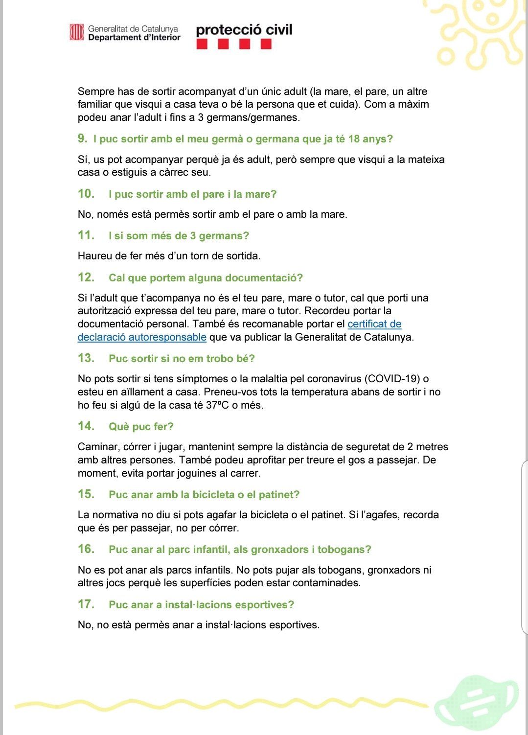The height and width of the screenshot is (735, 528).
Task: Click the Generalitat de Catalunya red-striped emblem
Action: pyautogui.click(x=77, y=32)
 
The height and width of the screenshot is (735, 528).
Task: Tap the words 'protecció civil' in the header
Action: pyautogui.click(x=244, y=30)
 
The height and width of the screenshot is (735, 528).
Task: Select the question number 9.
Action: pyautogui.click(x=82, y=138)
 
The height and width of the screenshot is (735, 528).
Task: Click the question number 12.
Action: pyautogui.click(x=86, y=277)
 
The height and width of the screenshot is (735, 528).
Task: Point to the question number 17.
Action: pyautogui.click(x=86, y=604)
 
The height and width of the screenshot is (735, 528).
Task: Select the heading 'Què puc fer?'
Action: pyautogui.click(x=141, y=427)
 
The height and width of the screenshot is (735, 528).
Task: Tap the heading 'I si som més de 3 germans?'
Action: pyautogui.click(x=179, y=236)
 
